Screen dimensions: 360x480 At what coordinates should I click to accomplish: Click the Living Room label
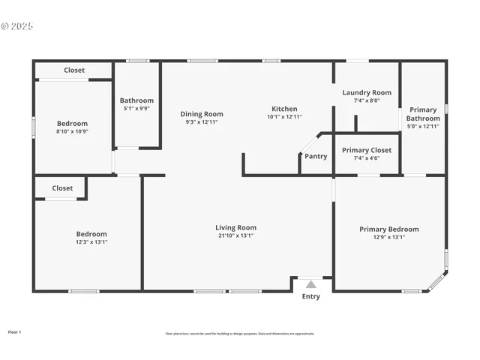[235, 228]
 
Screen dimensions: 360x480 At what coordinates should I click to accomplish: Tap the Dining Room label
[202, 114]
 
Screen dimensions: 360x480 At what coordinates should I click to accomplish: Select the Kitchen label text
[284, 109]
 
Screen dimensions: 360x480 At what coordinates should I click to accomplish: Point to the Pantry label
[316, 157]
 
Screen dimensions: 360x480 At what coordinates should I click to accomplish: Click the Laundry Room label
[367, 93]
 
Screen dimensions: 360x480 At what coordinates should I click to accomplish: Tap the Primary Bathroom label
[423, 114]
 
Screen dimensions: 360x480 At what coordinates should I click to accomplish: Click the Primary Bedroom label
[388, 229]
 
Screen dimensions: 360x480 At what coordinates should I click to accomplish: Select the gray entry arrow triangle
[310, 284]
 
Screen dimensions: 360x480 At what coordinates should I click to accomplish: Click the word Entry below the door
[310, 296]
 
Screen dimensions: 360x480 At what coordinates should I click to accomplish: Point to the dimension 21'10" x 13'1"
[235, 235]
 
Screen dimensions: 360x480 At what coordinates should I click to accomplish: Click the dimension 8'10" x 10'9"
[73, 131]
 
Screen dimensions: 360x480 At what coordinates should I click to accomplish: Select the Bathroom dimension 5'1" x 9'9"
[136, 108]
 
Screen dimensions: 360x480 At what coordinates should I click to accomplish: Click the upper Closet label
[74, 70]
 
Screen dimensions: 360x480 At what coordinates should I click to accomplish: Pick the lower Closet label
[63, 188]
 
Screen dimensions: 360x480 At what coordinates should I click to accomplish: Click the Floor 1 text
[15, 331]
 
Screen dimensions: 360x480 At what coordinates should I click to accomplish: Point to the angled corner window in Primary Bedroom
[436, 282]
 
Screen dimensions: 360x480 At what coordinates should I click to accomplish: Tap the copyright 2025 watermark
[17, 26]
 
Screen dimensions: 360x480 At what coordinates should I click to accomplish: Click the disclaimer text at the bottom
[240, 334]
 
